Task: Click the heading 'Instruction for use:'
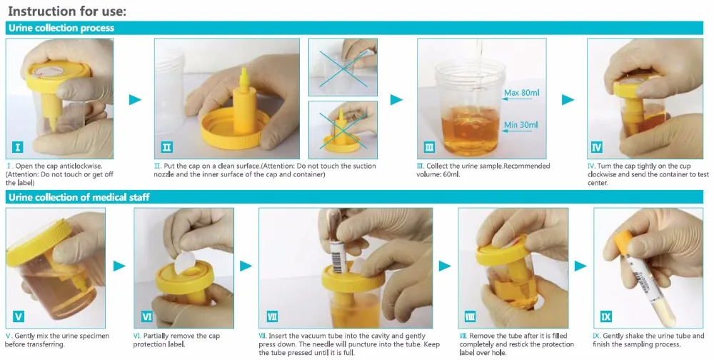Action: [67, 11]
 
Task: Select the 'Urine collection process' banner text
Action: [61, 28]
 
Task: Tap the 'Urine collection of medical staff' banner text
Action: [79, 197]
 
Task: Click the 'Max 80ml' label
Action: [521, 93]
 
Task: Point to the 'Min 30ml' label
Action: [521, 125]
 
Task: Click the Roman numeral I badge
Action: [18, 146]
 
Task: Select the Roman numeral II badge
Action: [166, 146]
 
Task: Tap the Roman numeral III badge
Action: [429, 146]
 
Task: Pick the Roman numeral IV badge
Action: [596, 146]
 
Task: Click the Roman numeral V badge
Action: [19, 316]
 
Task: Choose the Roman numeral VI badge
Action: [147, 316]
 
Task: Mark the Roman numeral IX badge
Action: [605, 316]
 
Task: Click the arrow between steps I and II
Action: [135, 99]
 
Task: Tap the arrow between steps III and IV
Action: [568, 99]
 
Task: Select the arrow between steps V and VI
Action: [119, 266]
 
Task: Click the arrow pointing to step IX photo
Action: [580, 266]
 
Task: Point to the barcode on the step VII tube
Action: [337, 257]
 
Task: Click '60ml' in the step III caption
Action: [444, 174]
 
